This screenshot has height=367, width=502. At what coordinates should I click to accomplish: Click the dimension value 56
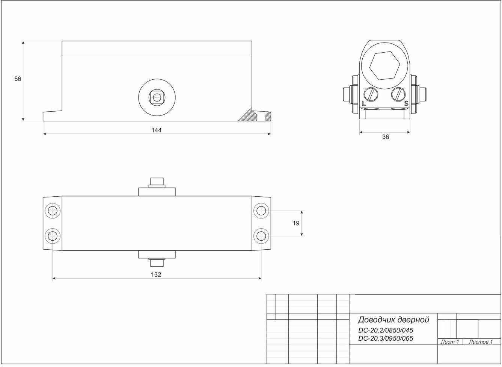tap(18, 79)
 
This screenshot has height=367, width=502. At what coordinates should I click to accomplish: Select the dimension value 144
tap(157, 130)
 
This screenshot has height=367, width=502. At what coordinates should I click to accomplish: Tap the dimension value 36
tap(386, 137)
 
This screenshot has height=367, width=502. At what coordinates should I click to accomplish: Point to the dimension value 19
tap(296, 223)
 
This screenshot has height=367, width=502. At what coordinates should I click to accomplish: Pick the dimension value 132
tap(156, 274)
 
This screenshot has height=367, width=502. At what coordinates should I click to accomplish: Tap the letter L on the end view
tap(363, 103)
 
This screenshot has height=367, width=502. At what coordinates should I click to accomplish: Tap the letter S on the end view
tap(406, 103)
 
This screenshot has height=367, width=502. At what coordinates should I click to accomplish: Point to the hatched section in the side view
tap(250, 115)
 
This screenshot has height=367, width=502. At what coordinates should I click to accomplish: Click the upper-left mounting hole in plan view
tap(52, 210)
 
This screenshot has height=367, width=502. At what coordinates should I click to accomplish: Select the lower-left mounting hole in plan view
tap(52, 236)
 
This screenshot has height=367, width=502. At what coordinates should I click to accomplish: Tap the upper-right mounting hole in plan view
tap(261, 210)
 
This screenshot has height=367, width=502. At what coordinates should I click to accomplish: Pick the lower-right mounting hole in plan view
tap(261, 236)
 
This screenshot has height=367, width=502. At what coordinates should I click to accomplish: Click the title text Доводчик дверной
tap(393, 320)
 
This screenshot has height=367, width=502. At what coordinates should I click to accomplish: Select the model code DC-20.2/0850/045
tap(386, 331)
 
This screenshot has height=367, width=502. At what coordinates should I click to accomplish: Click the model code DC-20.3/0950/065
tap(386, 338)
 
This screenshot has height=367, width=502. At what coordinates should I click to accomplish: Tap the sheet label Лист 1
tap(450, 342)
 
